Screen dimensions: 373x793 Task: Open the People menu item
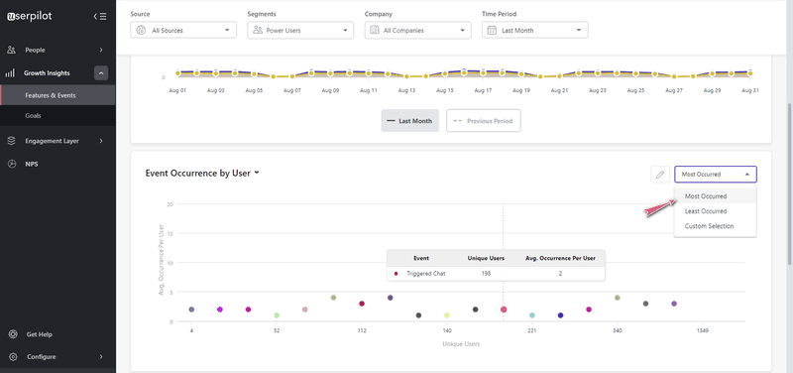(x=36, y=50)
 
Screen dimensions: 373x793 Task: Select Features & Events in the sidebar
(x=51, y=95)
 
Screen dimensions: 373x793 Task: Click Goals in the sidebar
(x=34, y=116)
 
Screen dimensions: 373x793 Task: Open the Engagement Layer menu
(x=52, y=141)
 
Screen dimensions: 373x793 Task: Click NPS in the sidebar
(x=32, y=164)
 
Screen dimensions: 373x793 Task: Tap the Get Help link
(x=39, y=334)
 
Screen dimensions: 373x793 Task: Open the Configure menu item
(x=42, y=357)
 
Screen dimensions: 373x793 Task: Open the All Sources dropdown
(x=183, y=31)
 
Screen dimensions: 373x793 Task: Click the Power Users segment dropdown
(x=300, y=31)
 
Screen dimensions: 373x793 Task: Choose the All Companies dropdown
(x=416, y=31)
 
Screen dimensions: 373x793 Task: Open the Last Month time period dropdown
(x=534, y=31)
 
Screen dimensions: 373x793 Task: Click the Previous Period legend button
(x=483, y=121)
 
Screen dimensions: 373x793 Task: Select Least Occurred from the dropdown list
(x=706, y=211)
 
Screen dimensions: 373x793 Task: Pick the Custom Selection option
(x=710, y=226)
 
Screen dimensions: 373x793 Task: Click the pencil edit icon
(x=659, y=175)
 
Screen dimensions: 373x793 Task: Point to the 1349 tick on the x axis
(x=702, y=330)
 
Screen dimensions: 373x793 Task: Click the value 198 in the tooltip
(x=486, y=273)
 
